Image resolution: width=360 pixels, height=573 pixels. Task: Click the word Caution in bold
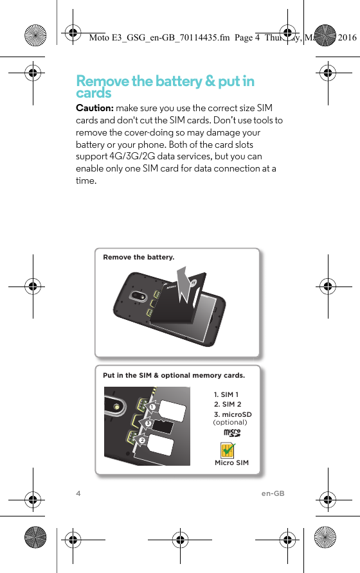tap(94, 108)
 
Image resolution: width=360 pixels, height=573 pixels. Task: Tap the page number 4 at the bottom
tap(78, 493)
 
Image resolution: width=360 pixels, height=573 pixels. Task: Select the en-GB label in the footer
tap(273, 493)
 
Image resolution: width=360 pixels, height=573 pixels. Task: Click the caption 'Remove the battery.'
tap(138, 257)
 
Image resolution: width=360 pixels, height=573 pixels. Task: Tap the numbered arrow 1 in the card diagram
tap(152, 407)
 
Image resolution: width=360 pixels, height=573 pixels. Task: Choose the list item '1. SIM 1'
tap(226, 394)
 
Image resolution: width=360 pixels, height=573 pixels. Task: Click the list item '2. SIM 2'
tap(227, 405)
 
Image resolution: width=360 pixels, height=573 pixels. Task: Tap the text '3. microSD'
tap(233, 414)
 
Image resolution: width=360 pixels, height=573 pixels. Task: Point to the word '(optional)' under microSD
tap(230, 422)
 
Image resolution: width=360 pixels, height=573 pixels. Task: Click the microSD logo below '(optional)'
tap(231, 433)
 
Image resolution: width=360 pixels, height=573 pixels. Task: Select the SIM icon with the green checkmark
tap(226, 450)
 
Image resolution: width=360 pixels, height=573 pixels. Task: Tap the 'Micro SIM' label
tap(231, 463)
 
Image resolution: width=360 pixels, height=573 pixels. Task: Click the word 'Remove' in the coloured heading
tap(102, 82)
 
